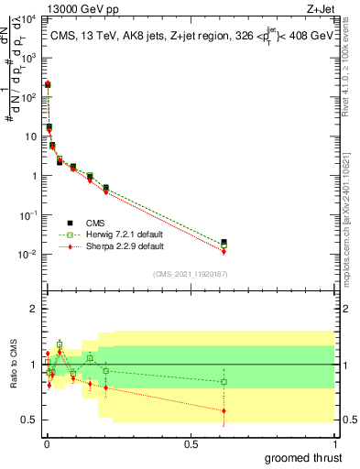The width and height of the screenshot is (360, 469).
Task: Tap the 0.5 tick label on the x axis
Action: [x=191, y=443]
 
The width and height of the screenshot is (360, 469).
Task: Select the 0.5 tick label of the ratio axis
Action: [x=29, y=420]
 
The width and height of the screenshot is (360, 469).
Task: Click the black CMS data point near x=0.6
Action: [x=224, y=243]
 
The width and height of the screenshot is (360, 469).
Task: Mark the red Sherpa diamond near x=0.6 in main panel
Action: [x=224, y=251]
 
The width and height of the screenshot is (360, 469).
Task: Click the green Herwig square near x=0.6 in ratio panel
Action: [x=224, y=381]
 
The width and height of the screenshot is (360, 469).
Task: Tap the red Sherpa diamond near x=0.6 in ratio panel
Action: [x=224, y=410]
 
